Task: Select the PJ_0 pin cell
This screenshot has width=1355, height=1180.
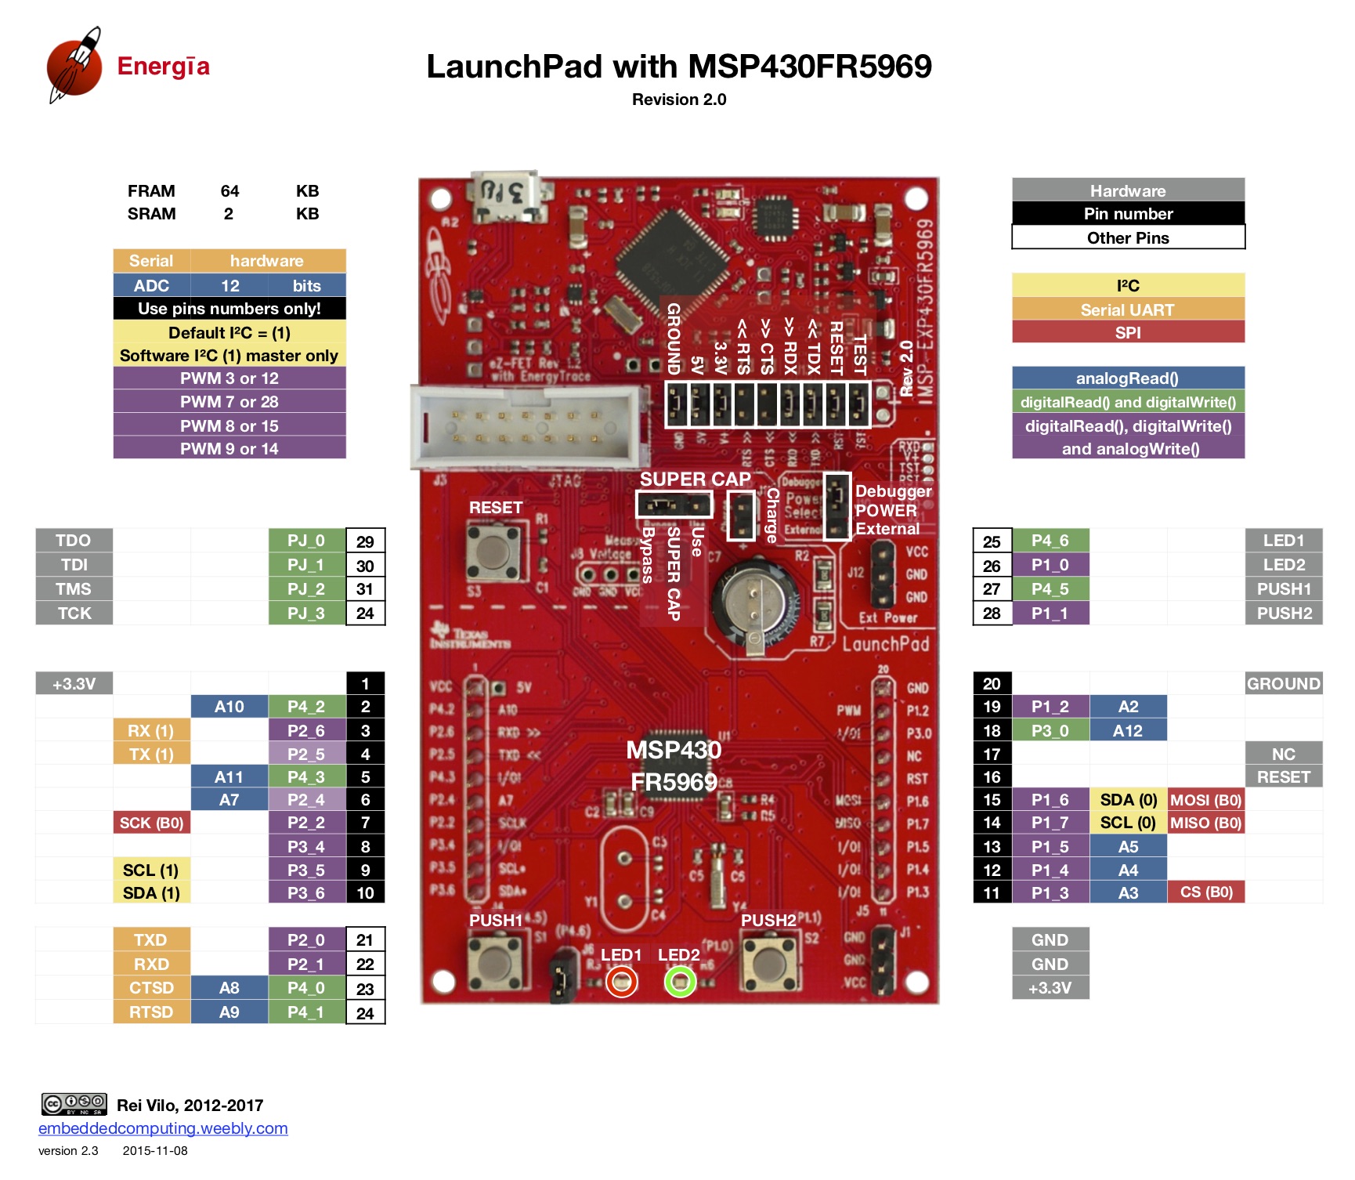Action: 306,541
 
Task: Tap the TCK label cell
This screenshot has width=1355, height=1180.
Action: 74,614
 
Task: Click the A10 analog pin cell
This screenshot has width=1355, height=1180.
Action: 229,707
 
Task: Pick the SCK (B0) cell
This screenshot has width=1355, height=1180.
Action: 151,823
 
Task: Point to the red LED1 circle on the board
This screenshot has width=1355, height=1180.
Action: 622,982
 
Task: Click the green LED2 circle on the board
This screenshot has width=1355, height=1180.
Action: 680,982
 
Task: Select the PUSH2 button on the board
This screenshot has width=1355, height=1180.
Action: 769,962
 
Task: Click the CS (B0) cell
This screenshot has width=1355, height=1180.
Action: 1206,892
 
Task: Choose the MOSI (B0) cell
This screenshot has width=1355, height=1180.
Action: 1206,800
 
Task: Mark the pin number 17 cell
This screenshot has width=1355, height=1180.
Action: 992,755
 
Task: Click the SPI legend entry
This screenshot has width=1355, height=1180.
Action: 1128,333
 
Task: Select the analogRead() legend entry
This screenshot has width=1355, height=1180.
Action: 1128,378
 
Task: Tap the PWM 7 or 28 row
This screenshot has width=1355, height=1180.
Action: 229,402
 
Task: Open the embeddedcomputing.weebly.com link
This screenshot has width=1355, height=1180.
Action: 163,1128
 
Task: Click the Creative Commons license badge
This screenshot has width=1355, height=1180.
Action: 74,1104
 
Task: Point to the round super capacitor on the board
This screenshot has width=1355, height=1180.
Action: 754,602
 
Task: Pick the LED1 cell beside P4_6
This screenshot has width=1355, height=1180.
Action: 1283,541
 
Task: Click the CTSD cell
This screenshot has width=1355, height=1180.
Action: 151,988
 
